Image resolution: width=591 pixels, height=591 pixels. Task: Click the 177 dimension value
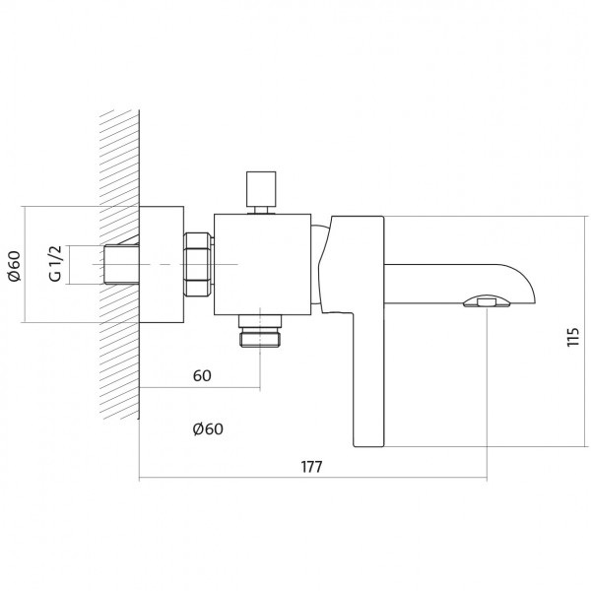(x=311, y=467)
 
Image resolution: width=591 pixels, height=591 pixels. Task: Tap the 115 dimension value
(x=573, y=337)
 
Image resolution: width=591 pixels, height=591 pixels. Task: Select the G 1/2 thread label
(x=55, y=263)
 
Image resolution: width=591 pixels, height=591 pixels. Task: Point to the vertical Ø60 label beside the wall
(x=15, y=266)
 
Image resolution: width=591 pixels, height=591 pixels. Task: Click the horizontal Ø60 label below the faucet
(x=208, y=428)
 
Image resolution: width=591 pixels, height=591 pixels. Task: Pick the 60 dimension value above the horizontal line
(x=202, y=376)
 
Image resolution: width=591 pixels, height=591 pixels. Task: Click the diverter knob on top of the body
(x=261, y=189)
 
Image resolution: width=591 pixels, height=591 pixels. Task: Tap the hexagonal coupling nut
(x=197, y=264)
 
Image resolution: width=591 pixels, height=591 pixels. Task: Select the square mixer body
(x=262, y=264)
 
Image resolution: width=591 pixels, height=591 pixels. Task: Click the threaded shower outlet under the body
(x=260, y=331)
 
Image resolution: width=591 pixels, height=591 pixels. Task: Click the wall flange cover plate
(x=162, y=264)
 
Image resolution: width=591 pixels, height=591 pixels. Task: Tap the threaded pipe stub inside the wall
(x=121, y=264)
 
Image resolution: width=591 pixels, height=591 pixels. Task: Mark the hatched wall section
(x=120, y=264)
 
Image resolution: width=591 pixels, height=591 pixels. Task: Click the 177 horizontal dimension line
(x=313, y=478)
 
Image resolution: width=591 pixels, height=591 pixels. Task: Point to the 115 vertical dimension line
(x=586, y=331)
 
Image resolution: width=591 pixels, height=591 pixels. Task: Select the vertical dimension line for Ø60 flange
(x=26, y=264)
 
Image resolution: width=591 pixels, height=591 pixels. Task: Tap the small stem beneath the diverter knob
(x=261, y=210)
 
